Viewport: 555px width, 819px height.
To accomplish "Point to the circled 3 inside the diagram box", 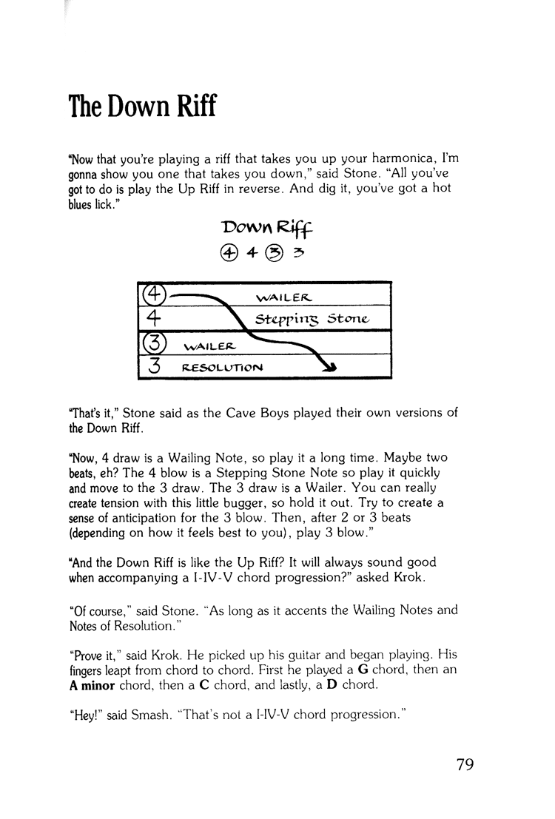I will (153, 344).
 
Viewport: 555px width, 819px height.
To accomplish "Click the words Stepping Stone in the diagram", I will (311, 320).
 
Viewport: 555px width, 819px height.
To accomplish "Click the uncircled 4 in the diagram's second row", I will (152, 319).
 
